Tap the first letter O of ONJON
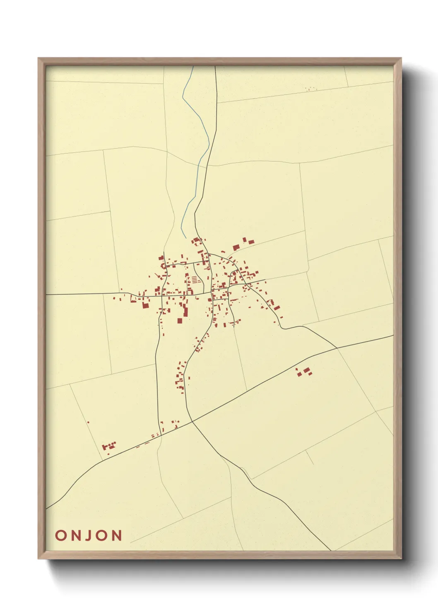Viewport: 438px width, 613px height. (60, 535)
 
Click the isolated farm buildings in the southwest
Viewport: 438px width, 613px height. (108, 446)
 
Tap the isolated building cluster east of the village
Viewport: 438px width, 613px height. (304, 372)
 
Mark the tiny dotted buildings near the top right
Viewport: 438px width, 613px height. (310, 89)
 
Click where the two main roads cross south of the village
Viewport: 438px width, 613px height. (192, 422)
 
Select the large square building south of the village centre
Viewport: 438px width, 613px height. (180, 320)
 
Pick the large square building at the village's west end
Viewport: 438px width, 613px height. (145, 305)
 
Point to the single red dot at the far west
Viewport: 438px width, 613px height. (88, 422)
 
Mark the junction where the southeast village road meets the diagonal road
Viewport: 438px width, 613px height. (337, 348)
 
